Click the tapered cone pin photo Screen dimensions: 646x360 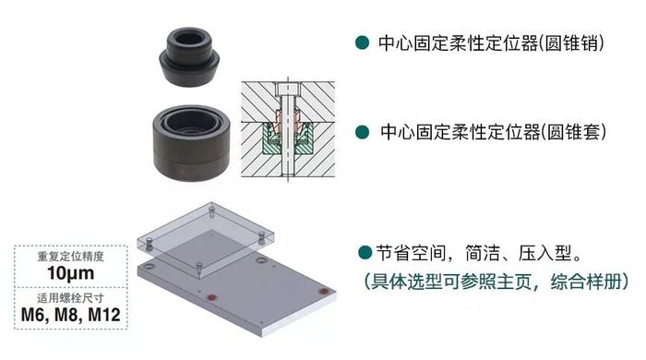coord(188,57)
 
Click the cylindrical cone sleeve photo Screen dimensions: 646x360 coord(191,142)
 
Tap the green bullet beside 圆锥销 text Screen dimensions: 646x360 coord(362,42)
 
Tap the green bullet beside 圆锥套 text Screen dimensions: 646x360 coord(362,132)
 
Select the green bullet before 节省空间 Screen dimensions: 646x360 coord(365,252)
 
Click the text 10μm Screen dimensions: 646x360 coord(70,272)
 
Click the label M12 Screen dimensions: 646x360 coord(104,315)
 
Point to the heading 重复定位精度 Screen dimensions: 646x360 coord(70,257)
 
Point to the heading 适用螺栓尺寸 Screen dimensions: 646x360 coord(70,298)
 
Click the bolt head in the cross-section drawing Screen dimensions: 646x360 coord(287,89)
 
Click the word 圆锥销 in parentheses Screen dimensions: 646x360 coord(571,43)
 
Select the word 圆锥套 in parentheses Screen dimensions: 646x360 coord(573,132)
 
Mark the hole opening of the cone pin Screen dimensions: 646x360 coord(189,39)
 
